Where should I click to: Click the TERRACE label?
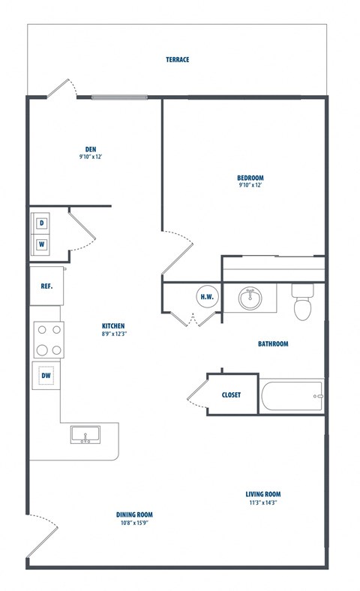pos(178,59)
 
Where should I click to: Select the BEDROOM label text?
pos(250,178)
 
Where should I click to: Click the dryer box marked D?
pos(42,223)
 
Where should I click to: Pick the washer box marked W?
pos(42,244)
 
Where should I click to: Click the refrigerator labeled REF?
pos(46,286)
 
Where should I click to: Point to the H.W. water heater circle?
pos(207,296)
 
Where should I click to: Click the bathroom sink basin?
pos(250,298)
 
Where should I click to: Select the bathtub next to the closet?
pos(291,395)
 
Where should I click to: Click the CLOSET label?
pos(231,394)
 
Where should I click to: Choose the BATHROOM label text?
pos(273,344)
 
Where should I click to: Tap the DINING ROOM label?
pos(134,514)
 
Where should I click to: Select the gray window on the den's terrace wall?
pos(119,97)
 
